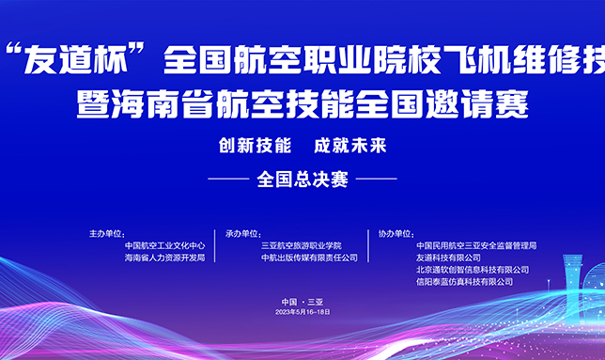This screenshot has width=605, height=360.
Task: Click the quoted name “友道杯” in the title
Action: tap(75, 58)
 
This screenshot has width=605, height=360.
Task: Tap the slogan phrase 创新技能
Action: tap(255, 146)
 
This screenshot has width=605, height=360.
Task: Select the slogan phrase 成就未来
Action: tap(350, 146)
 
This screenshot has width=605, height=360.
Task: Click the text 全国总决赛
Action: tap(302, 180)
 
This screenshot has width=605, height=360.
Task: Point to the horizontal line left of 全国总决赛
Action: tap(228, 179)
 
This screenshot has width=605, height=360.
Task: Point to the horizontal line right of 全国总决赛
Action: tap(376, 179)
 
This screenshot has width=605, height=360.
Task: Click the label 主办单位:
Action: tap(107, 234)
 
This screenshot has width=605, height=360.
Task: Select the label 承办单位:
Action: tap(243, 234)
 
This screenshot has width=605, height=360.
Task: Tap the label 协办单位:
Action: tap(396, 234)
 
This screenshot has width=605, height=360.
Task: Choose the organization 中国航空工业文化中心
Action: tap(164, 245)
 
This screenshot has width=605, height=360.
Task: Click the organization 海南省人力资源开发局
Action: tap(164, 258)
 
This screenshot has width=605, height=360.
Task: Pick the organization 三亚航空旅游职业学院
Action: tap(302, 245)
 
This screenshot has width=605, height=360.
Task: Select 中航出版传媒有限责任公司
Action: tap(309, 258)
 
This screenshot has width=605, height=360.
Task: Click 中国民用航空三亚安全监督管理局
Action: tap(476, 245)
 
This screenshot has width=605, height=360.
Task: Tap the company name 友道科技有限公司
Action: tap(448, 258)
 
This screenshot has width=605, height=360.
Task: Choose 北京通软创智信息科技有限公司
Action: tap(473, 270)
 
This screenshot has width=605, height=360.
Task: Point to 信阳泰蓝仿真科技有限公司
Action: tap(464, 282)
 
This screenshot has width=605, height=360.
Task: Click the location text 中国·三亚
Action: tap(302, 302)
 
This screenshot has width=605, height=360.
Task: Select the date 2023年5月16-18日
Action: tap(302, 312)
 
